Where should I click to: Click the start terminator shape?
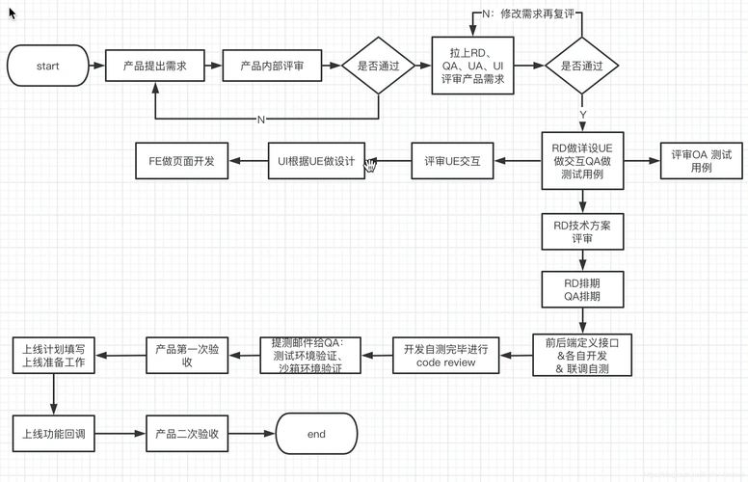(x=47, y=67)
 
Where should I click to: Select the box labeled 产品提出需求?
(x=154, y=67)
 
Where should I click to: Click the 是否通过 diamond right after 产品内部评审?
(x=379, y=67)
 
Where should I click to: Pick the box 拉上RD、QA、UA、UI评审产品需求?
(x=473, y=67)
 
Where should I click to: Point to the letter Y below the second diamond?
(x=582, y=115)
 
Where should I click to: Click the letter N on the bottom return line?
(x=260, y=119)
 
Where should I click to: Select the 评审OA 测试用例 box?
(x=701, y=161)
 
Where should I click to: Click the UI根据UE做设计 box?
(x=316, y=161)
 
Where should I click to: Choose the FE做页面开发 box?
(x=181, y=161)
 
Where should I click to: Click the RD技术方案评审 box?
(x=582, y=231)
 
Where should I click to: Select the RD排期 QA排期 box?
(x=582, y=290)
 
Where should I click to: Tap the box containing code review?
(x=445, y=356)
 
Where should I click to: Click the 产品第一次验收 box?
(x=187, y=356)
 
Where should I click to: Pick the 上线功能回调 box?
(x=53, y=434)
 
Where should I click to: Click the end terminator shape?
(x=316, y=434)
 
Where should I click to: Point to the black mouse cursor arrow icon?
(x=13, y=13)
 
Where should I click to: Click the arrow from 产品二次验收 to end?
(x=253, y=434)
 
